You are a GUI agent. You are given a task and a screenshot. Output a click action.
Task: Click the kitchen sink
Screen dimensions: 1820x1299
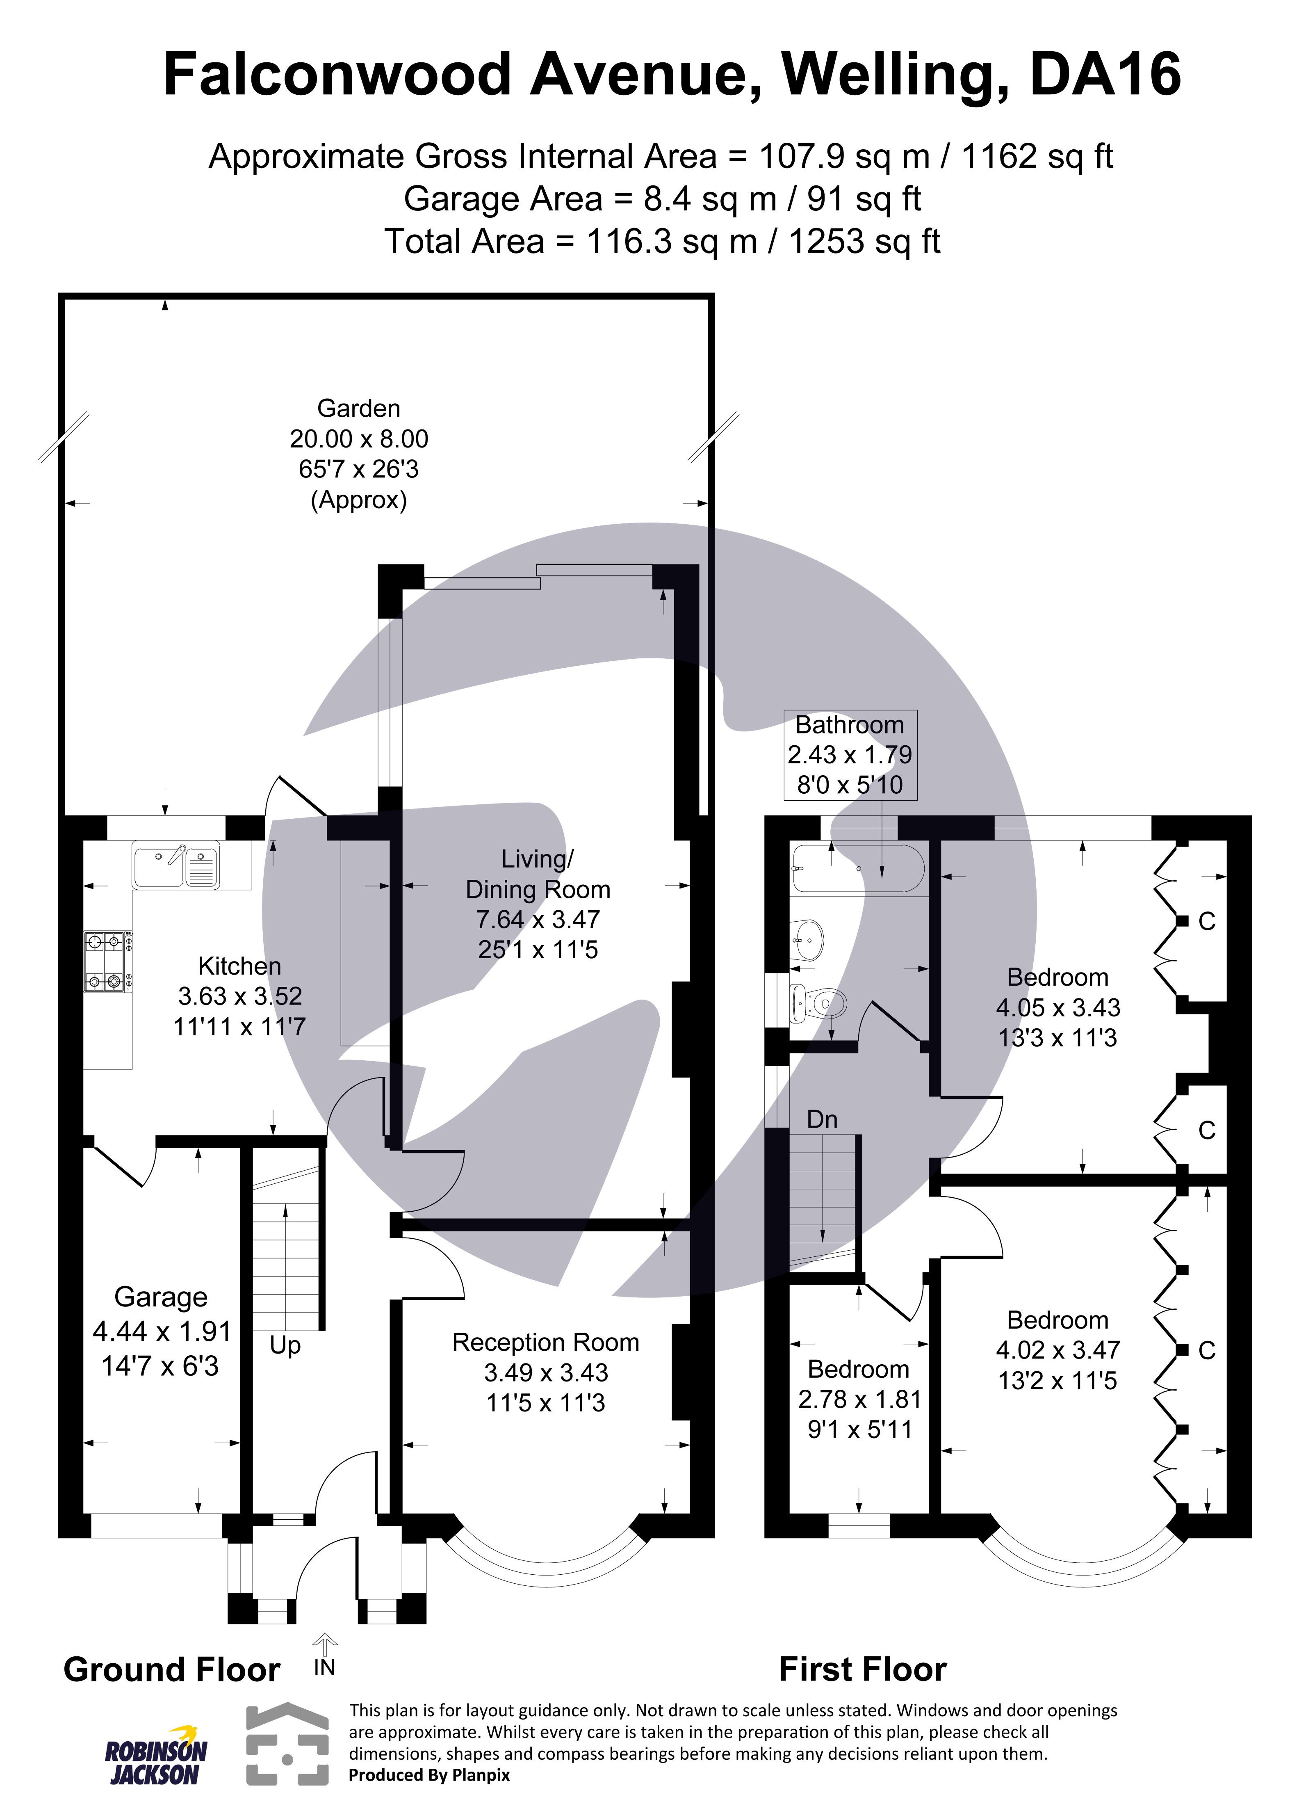[176, 866]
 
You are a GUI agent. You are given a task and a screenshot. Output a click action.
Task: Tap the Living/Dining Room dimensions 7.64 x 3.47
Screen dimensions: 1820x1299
[538, 919]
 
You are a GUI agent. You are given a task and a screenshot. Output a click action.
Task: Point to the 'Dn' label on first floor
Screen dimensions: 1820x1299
[821, 1119]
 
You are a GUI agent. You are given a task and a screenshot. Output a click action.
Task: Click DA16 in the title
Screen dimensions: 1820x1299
[1105, 74]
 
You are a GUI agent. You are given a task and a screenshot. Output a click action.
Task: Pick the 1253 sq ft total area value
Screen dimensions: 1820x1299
[864, 242]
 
